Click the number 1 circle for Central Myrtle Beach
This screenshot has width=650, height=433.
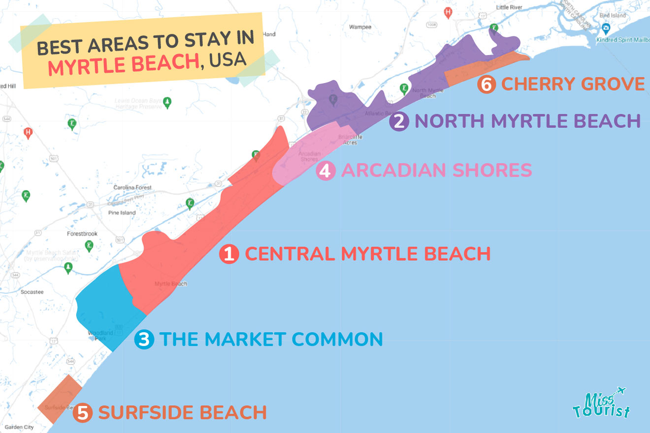click(229, 254)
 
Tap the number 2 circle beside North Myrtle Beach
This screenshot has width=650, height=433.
click(398, 121)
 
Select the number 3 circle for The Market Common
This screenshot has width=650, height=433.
click(144, 340)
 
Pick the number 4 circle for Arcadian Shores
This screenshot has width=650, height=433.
click(325, 171)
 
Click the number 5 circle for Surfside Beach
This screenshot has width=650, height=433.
click(83, 412)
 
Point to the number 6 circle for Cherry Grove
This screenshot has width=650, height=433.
click(486, 84)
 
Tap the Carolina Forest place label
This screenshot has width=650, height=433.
click(132, 188)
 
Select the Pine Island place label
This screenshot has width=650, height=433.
click(122, 213)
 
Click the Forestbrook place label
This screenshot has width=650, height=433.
click(82, 234)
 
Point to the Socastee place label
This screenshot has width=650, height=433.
click(32, 292)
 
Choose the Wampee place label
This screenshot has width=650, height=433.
click(360, 27)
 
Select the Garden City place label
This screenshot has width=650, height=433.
click(19, 427)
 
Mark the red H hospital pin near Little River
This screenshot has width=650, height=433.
click(448, 12)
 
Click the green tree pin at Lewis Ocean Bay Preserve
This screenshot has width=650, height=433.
click(168, 102)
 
